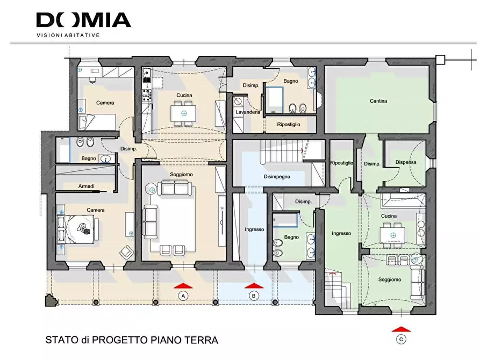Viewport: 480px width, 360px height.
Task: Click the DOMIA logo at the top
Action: coord(83,20)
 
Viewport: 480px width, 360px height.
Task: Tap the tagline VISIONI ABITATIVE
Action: coord(68,35)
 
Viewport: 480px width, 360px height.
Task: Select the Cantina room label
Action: coord(378,101)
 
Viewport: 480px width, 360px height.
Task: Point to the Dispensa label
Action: coord(406,162)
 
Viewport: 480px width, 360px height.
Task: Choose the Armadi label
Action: coord(86,186)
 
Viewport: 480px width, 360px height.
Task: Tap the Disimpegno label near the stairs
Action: coord(277,176)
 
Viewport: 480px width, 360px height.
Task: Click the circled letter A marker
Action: coord(183,296)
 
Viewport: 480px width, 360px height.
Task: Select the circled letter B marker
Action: coord(254,296)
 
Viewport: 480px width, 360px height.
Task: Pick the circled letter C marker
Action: coord(401,339)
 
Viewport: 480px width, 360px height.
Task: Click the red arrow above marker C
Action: coord(401,328)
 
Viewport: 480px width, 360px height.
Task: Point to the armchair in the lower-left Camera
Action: coord(127,251)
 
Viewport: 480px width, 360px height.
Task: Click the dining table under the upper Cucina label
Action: coord(184,114)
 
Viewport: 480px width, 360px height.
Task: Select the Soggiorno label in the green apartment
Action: coord(389,279)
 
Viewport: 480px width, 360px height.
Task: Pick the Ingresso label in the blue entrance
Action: coord(254,229)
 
